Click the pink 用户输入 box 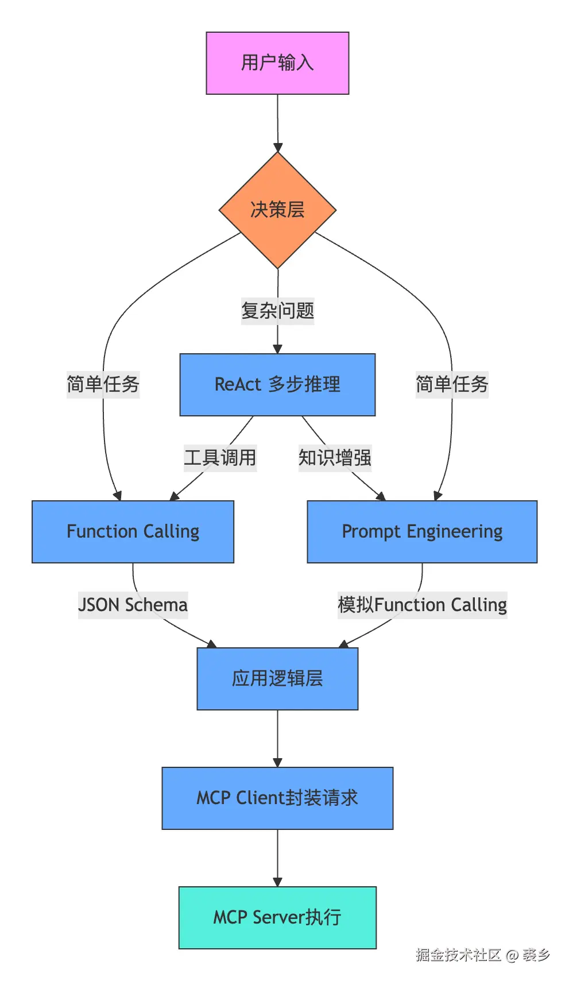click(x=277, y=63)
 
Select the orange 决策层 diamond click(x=277, y=210)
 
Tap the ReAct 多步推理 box click(x=277, y=385)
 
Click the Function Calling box click(x=133, y=532)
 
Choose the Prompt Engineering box click(x=422, y=532)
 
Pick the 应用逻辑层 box click(x=277, y=679)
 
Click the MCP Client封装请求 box click(x=277, y=798)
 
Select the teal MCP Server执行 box click(x=277, y=918)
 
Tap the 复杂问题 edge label click(x=277, y=311)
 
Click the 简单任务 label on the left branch click(x=103, y=384)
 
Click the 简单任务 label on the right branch click(x=452, y=384)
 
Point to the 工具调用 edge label click(x=220, y=458)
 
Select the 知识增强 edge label click(x=335, y=458)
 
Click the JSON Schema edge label click(x=133, y=605)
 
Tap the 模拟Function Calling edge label click(x=422, y=605)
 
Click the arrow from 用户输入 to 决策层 click(x=277, y=123)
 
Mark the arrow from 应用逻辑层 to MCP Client click(x=277, y=739)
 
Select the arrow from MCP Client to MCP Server click(x=277, y=858)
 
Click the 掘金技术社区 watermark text click(x=458, y=955)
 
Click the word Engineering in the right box click(x=454, y=532)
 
